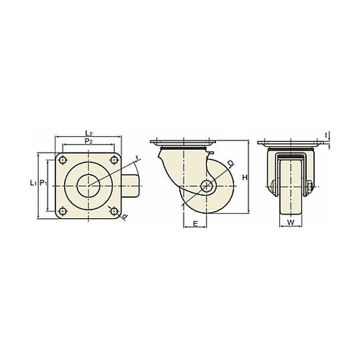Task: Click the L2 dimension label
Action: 89,132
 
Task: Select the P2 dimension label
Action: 89,141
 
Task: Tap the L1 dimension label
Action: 33,183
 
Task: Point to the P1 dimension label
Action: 43,183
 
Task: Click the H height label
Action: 245,178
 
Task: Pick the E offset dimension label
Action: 196,224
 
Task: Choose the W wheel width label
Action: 291,222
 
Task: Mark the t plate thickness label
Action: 326,135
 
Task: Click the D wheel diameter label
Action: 230,163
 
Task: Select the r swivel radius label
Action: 137,158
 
